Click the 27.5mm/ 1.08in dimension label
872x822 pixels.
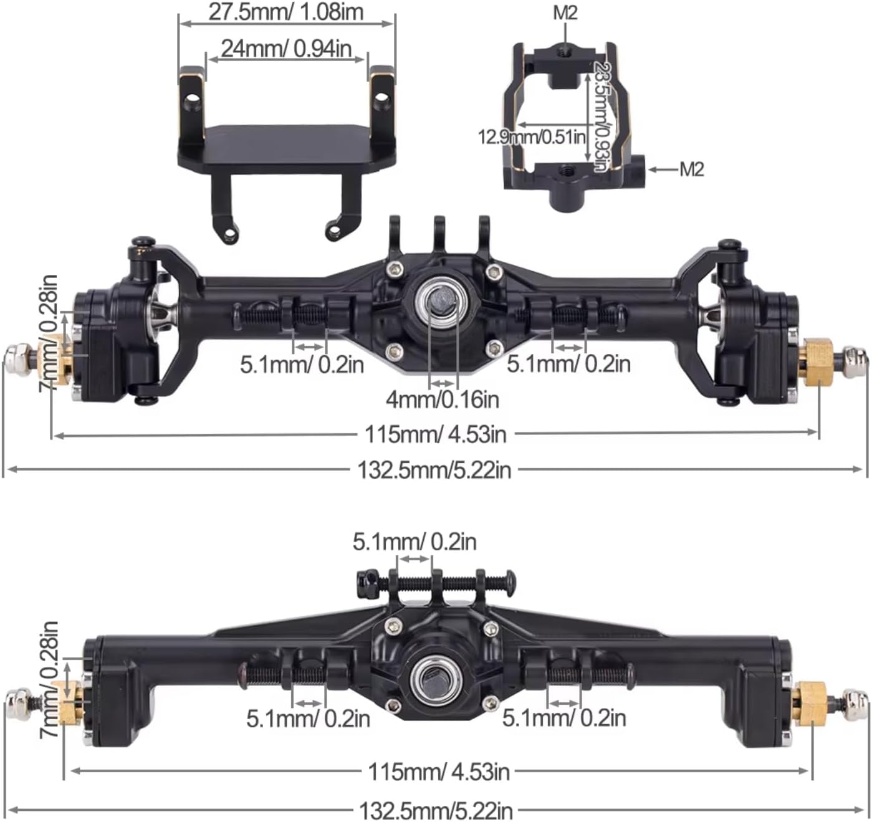pyautogui.click(x=285, y=12)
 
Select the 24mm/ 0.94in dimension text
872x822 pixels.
pyautogui.click(x=286, y=49)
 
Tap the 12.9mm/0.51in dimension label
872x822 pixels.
pyautogui.click(x=532, y=136)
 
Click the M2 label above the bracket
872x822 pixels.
pyautogui.click(x=565, y=12)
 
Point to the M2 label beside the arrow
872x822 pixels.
pyautogui.click(x=691, y=169)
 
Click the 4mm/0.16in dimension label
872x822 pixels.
pyautogui.click(x=443, y=399)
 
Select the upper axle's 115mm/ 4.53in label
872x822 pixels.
pyautogui.click(x=435, y=434)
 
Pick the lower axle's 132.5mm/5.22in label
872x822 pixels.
pyautogui.click(x=436, y=811)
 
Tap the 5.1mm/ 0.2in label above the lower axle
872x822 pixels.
pyautogui.click(x=414, y=542)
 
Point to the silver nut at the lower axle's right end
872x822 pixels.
pyautogui.click(x=855, y=702)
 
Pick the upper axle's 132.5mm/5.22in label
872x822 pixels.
pyautogui.click(x=434, y=470)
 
